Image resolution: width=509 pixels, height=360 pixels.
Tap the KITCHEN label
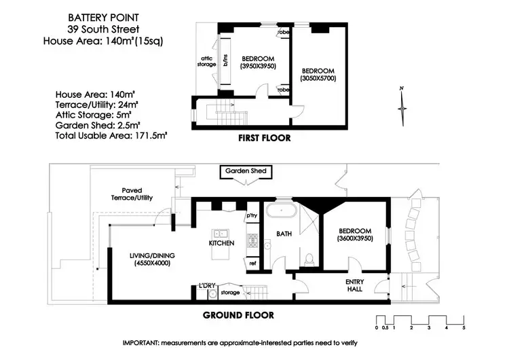221,242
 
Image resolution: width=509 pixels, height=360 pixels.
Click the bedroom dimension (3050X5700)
318,79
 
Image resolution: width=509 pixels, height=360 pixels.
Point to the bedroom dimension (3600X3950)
356,239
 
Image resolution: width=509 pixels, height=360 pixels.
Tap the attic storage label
206,60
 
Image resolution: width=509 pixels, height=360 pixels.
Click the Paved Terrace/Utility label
138,194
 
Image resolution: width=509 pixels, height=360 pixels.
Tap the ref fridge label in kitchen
252,263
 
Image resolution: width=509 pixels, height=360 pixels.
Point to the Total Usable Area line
111,136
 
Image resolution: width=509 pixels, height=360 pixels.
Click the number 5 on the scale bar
464,328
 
